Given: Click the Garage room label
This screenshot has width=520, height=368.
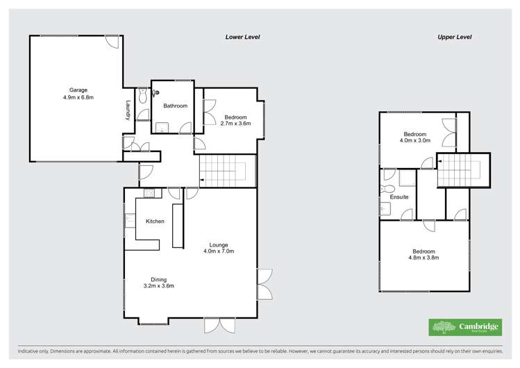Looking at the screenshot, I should coord(78,90).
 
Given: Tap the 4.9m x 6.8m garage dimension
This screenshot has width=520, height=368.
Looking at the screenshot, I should coord(78,98).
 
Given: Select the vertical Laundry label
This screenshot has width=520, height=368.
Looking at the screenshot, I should coord(128,111).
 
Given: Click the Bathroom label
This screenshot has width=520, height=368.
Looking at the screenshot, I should coord(175,106).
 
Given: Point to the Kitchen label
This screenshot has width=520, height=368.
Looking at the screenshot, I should coord(155,221).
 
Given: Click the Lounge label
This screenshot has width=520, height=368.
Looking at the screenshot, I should coord(219,244).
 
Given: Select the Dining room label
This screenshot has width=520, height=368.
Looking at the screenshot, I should coord(158,279).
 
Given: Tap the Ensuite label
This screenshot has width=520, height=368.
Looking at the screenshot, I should coord(399,197).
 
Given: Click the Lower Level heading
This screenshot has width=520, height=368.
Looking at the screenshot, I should coord(242,37).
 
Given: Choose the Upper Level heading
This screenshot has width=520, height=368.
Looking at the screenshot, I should coord(455,37).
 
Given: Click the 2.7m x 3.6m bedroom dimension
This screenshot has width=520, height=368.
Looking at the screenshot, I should coord(235,124).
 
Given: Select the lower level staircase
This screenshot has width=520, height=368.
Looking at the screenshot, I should coord(227,171).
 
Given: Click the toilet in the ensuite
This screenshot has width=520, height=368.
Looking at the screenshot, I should coord(388,188).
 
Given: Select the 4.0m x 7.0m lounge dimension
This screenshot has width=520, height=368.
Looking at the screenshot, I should coord(219,251).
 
